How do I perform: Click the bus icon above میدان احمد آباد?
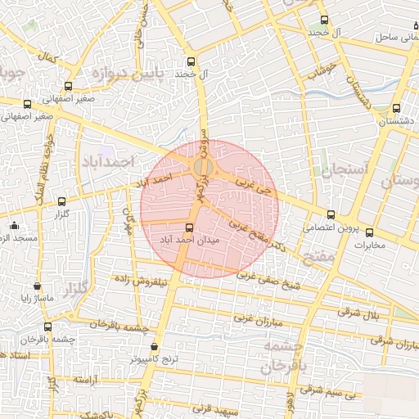pos(190,228)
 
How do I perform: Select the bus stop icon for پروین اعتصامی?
pos(331,216)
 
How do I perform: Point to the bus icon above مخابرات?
pos(369,232)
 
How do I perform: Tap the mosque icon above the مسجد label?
pos(13,226)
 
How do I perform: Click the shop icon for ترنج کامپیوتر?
pos(155,347)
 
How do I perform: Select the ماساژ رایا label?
pos(37,298)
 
